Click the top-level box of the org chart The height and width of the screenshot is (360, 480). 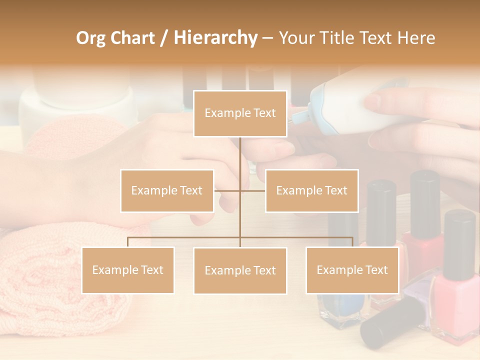[x=240, y=113]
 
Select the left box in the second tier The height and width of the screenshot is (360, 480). [x=167, y=190]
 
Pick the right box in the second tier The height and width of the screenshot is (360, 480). [x=311, y=190]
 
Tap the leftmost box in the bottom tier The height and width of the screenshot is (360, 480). [x=128, y=270]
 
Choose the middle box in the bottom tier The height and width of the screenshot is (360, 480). [x=240, y=270]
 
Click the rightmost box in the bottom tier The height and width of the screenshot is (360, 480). [x=352, y=270]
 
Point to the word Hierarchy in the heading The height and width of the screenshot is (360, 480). [x=215, y=38]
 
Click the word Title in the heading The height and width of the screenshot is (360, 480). [x=337, y=38]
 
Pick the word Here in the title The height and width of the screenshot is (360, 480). [x=416, y=38]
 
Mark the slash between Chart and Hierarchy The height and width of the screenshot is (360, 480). [x=164, y=38]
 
